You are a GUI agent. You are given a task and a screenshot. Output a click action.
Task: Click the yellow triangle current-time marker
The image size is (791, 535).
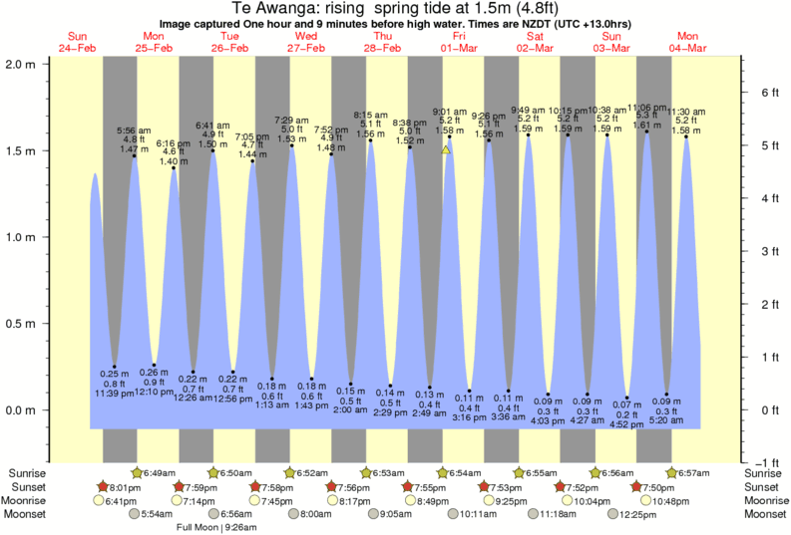(446, 149)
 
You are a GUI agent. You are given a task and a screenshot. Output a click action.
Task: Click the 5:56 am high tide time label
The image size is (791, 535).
(134, 131)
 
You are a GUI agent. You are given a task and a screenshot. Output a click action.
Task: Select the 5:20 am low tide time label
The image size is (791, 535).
(667, 421)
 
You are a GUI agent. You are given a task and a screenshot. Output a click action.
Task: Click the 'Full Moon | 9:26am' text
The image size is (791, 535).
(216, 527)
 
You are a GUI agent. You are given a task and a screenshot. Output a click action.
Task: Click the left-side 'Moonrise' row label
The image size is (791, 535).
(28, 501)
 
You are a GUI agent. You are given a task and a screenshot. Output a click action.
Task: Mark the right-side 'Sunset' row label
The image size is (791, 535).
(764, 487)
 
